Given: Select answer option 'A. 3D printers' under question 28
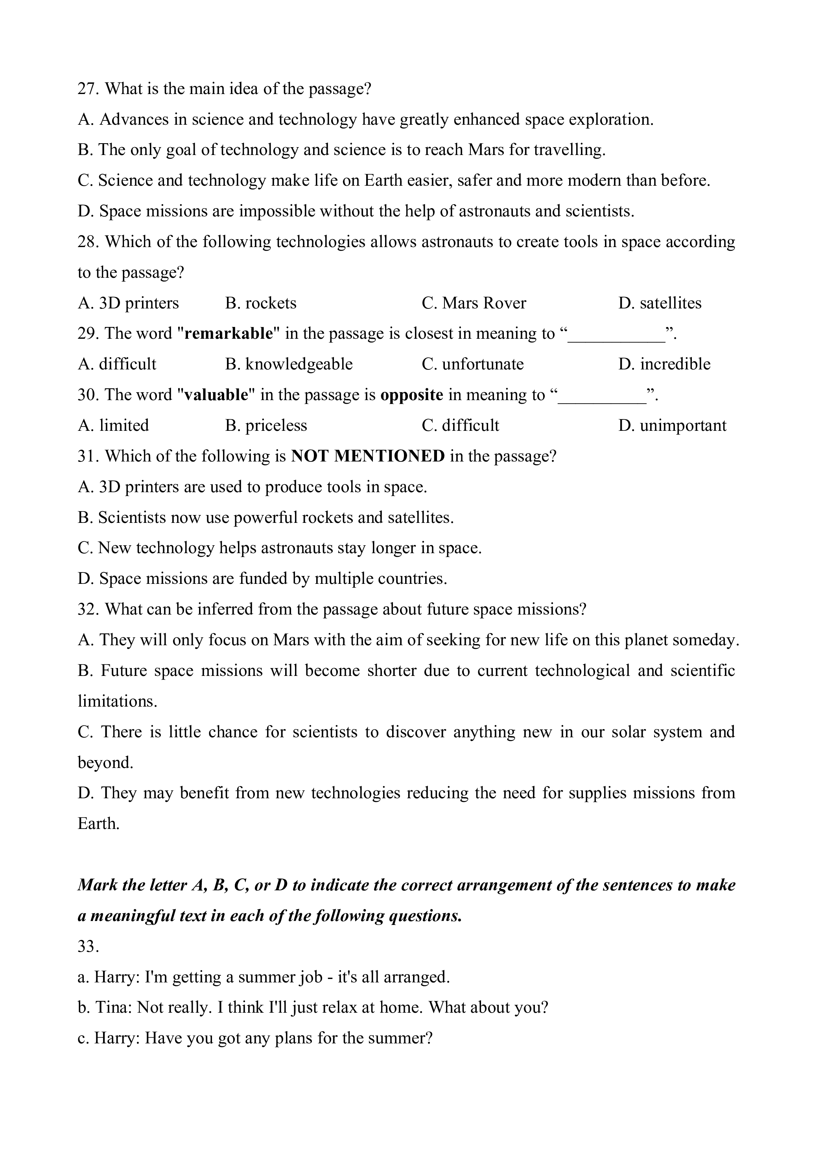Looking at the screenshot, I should coord(128,303).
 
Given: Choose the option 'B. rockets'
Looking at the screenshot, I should coord(260,303).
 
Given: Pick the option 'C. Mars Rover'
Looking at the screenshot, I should coord(474,303).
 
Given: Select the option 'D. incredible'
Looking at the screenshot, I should coord(664,364).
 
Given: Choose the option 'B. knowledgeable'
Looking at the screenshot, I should coord(288,364).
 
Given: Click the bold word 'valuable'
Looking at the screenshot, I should coord(216,395).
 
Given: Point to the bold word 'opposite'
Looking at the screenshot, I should coord(411,395).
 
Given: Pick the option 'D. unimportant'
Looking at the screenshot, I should coord(672,426).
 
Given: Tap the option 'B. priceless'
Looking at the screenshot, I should coord(266,426).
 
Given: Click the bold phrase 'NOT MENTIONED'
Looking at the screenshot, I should coord(367,456).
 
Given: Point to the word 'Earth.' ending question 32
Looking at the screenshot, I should coord(99,824).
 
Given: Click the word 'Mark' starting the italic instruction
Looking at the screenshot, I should coord(97,885).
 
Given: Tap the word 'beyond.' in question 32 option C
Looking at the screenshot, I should coord(105,763).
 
